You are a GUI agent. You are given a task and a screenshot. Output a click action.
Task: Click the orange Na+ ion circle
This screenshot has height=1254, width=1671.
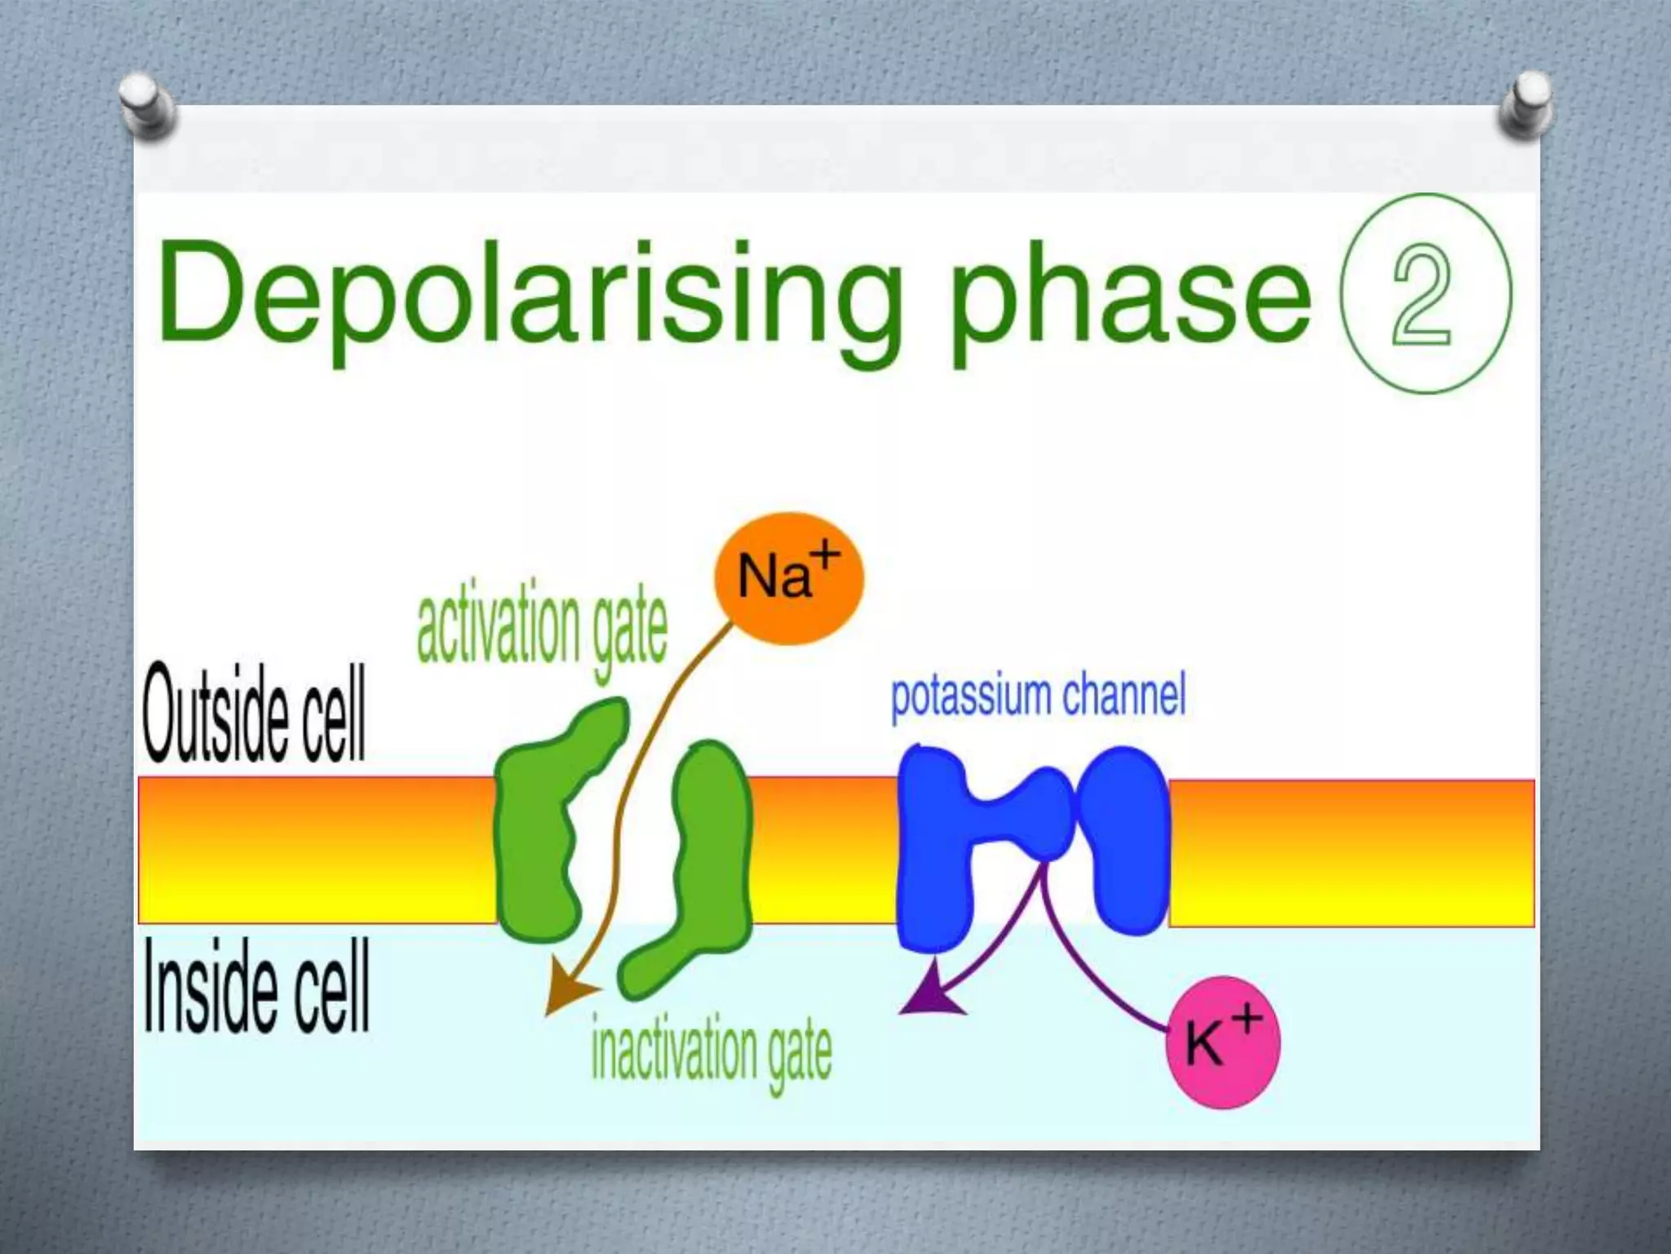788,578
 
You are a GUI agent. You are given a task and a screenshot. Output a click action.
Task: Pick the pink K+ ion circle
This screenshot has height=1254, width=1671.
1222,1043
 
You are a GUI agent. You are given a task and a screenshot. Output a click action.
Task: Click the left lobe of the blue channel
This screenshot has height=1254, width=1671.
934,849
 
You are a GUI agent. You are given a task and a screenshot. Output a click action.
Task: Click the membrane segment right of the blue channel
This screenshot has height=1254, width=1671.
1350,852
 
